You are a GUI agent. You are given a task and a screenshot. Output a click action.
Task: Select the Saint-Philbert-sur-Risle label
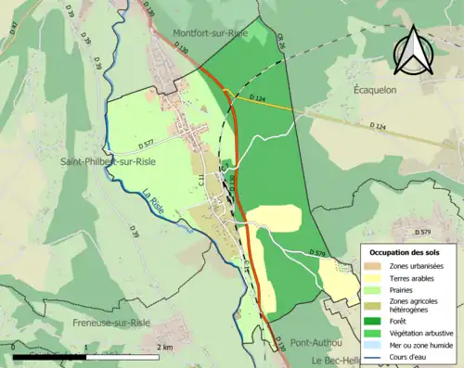coord(108,161)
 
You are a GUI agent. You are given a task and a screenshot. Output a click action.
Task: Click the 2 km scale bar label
coord(162,347)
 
